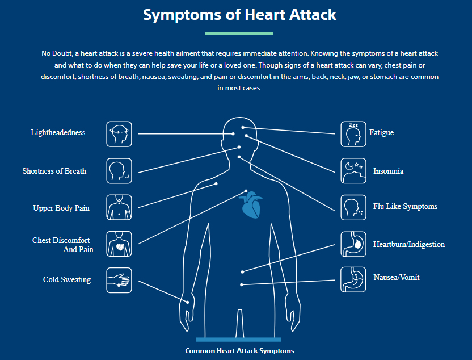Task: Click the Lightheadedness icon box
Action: [119, 134]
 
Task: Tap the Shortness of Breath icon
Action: [119, 171]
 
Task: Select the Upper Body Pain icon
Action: [119, 207]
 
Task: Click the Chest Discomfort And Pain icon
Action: [119, 244]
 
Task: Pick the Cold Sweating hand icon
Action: [119, 280]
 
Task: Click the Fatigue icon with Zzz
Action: [353, 134]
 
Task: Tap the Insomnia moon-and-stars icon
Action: [353, 171]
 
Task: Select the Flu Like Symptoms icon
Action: [353, 207]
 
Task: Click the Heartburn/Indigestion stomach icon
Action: [353, 244]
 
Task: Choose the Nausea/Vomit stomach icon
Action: [353, 279]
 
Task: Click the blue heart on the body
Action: [251, 206]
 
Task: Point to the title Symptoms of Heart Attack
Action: [239, 15]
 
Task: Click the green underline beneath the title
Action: [239, 34]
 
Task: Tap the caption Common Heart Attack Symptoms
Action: [239, 351]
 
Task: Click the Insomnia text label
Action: [388, 171]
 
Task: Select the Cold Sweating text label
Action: [67, 279]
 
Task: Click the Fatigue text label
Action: [381, 132]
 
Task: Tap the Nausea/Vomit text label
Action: [397, 277]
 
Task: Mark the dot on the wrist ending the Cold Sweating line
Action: [188, 302]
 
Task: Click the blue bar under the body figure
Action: [238, 340]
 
